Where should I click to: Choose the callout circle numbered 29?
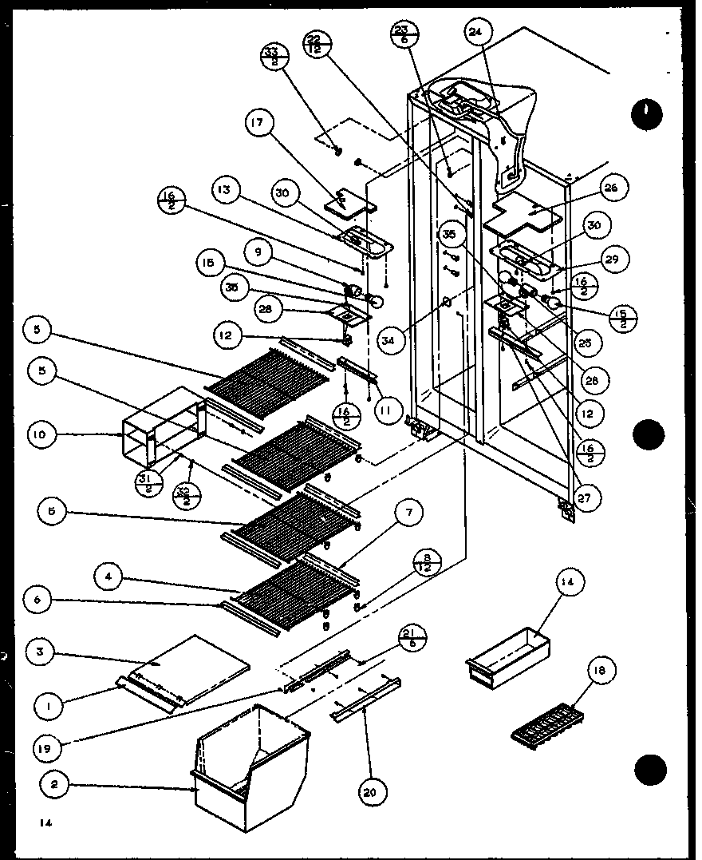click(616, 260)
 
